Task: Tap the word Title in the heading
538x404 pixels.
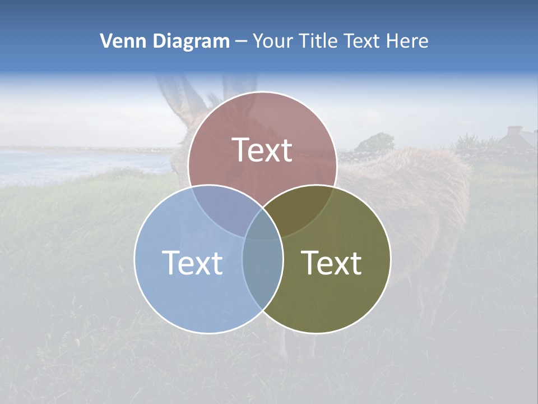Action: click(321, 41)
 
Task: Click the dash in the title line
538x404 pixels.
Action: click(242, 42)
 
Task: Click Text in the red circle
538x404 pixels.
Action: click(262, 150)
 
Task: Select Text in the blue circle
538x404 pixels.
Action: click(192, 263)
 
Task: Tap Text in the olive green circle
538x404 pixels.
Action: click(332, 263)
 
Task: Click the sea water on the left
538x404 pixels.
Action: click(84, 163)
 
